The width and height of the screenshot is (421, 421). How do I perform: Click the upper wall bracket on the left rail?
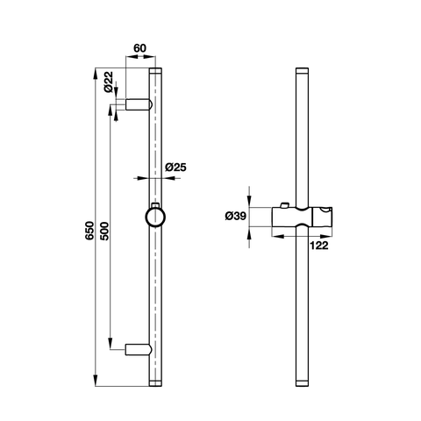139,105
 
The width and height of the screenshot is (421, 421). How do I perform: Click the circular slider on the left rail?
155,217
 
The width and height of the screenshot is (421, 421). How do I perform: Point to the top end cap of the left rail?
156,70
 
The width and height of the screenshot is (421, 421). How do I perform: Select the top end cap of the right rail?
303,70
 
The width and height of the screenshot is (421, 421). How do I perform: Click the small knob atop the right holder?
284,206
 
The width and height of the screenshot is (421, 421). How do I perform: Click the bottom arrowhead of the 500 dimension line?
111,345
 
